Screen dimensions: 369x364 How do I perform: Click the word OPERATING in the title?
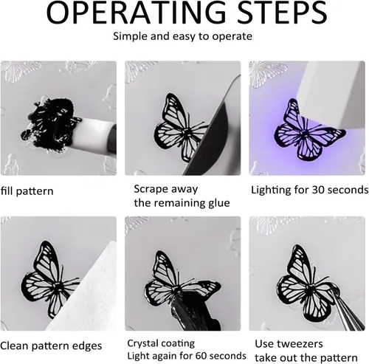point(136,13)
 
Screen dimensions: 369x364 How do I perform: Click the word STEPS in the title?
point(282,13)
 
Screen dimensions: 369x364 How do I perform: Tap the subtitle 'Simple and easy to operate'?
point(182,36)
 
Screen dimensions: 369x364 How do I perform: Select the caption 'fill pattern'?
point(27,191)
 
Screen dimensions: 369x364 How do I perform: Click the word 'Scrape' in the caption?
point(150,190)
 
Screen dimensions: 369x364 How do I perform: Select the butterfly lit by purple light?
point(308,131)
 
